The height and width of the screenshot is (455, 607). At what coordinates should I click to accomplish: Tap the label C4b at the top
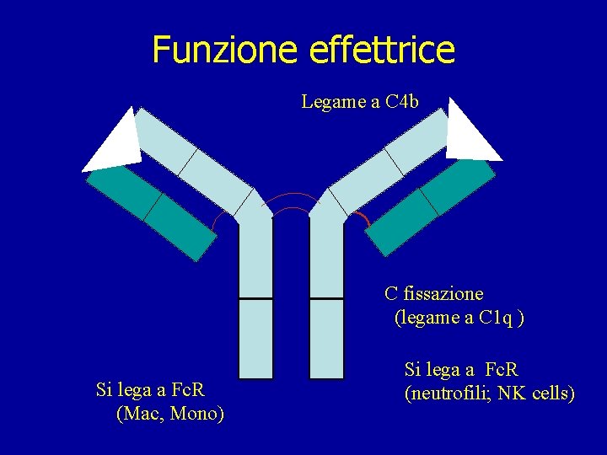coord(401,102)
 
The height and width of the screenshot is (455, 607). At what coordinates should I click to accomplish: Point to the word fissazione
coord(443,294)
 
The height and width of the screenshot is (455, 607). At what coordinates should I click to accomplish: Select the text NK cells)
coord(547,393)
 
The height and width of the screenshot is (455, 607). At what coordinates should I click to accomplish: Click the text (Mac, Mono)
coord(169,414)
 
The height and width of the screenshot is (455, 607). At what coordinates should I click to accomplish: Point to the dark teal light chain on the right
coord(431,206)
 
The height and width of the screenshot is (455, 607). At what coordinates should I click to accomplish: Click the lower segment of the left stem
coord(255,338)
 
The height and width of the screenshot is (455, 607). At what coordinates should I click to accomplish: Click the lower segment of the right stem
coord(326,338)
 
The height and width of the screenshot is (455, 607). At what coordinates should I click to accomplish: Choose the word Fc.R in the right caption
coord(502,370)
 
